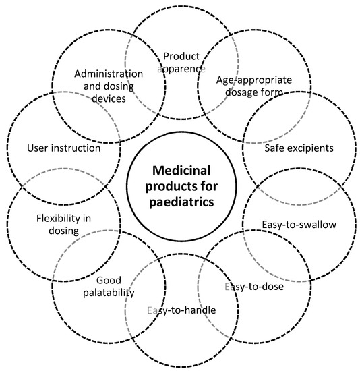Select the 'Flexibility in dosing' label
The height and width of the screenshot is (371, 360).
tap(58, 224)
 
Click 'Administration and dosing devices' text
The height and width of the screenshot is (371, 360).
tap(109, 85)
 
